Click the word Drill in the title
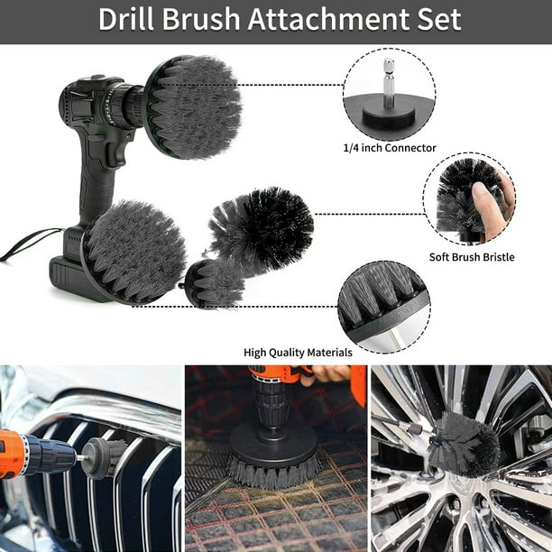(x=126, y=19)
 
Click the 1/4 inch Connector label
(x=390, y=148)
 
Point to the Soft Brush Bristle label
(x=472, y=257)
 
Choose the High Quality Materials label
(x=298, y=353)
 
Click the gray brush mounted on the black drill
(x=193, y=106)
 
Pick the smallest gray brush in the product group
(x=214, y=282)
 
